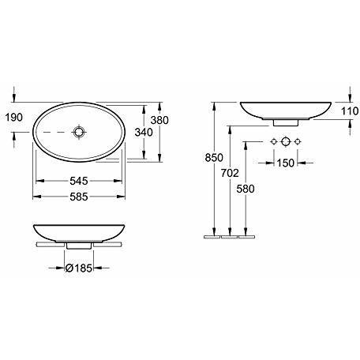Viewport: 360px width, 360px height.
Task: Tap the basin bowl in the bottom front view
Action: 77,232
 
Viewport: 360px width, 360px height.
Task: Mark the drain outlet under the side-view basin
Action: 284,122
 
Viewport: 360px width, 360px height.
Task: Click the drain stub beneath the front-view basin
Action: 77,246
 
